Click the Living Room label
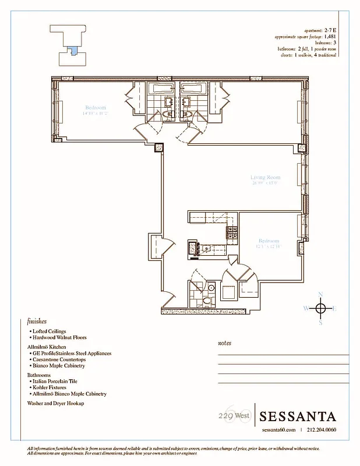266,177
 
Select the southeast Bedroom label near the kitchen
269,241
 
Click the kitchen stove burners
231,232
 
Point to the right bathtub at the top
192,89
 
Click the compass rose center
320,308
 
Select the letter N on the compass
320,294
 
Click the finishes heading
37,321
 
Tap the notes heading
224,343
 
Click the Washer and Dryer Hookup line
55,403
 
